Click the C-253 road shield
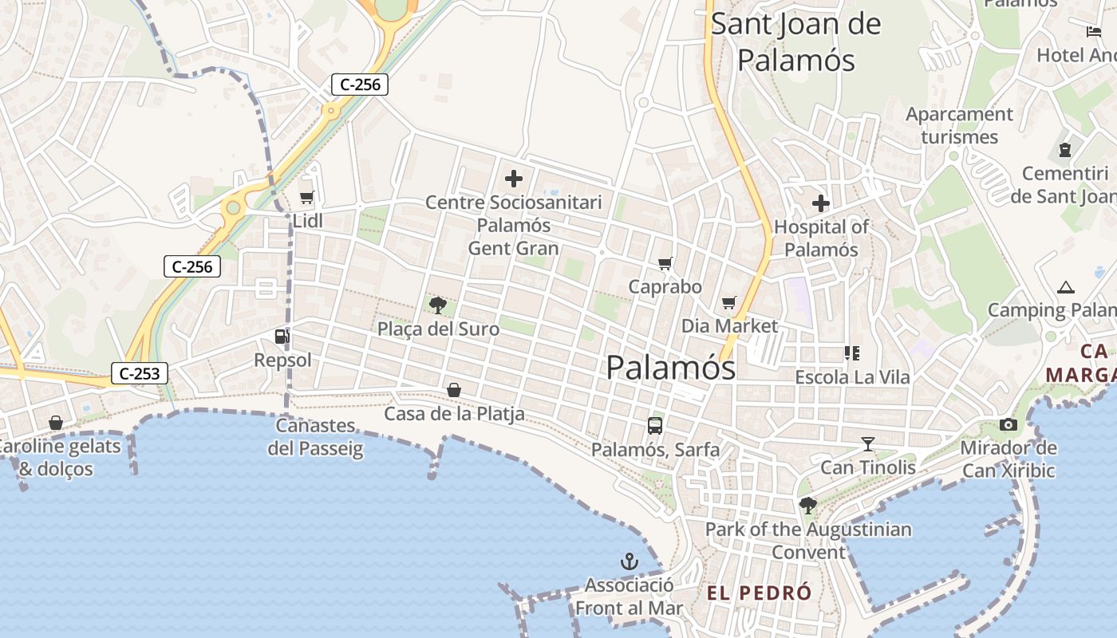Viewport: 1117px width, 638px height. (x=140, y=372)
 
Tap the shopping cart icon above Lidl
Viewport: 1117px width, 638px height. (x=306, y=197)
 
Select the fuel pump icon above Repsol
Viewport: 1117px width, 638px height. (x=282, y=337)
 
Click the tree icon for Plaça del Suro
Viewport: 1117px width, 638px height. (x=437, y=305)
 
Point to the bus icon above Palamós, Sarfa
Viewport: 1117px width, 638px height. (x=655, y=426)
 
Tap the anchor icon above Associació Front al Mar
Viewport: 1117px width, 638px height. (x=630, y=561)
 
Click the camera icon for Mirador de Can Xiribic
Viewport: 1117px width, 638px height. (x=1008, y=424)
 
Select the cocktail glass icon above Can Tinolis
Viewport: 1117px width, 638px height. (x=868, y=443)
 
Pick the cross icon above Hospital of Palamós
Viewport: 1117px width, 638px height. (x=821, y=203)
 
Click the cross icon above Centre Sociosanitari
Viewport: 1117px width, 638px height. (x=514, y=178)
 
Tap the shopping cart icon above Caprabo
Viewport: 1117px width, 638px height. (x=665, y=263)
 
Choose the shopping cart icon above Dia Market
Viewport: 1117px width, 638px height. (x=728, y=302)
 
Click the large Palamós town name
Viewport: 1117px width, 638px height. (x=670, y=368)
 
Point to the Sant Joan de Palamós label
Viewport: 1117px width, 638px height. (x=795, y=41)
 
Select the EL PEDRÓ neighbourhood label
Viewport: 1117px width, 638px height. (x=759, y=593)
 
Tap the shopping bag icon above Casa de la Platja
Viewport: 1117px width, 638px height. (x=454, y=390)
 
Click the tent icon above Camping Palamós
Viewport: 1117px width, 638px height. (x=1065, y=287)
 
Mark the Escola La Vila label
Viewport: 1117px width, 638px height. (x=852, y=376)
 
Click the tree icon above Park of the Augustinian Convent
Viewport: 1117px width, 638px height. (x=807, y=505)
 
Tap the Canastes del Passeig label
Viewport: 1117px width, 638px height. (x=315, y=437)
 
